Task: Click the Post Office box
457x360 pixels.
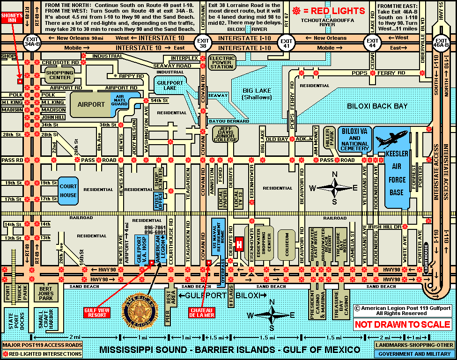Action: tap(158, 201)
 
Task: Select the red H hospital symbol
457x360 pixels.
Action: tap(240, 244)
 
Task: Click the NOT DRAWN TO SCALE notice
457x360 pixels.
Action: tap(402, 324)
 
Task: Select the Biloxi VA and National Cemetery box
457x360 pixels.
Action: tap(354, 139)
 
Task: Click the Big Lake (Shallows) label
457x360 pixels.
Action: tap(257, 94)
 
